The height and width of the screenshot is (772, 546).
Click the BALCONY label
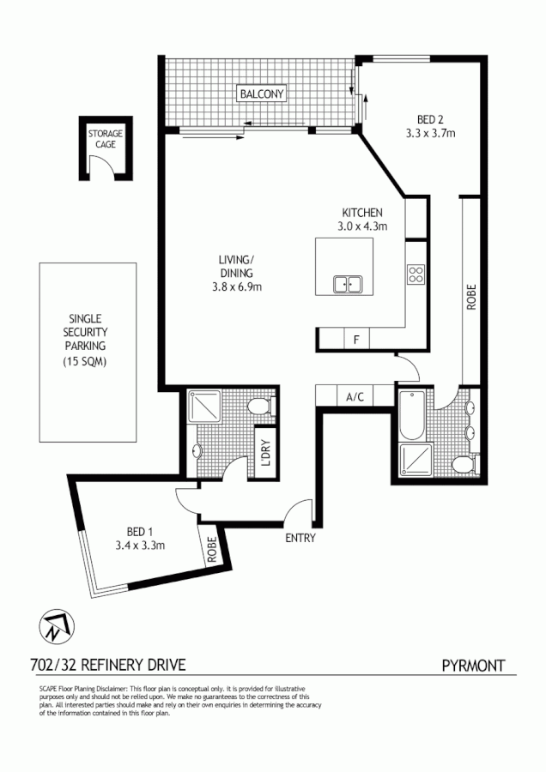(262, 93)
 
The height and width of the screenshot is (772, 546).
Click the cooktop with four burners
(416, 275)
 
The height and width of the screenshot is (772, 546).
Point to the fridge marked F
(355, 340)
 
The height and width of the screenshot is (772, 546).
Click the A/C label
(355, 396)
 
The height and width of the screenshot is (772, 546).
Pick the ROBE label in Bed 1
(210, 549)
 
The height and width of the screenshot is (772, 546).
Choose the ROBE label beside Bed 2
(470, 296)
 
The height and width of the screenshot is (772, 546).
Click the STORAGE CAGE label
(106, 139)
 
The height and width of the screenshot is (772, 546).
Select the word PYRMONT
(473, 665)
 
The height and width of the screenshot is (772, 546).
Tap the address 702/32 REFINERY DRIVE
(108, 665)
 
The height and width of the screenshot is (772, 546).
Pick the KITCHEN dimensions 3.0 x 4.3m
(362, 227)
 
